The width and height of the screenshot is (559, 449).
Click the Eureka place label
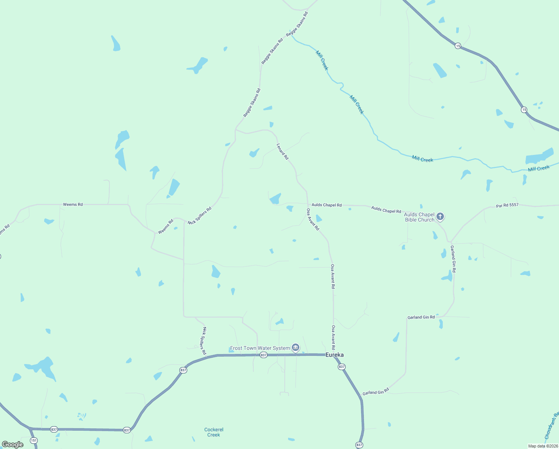[x=334, y=355]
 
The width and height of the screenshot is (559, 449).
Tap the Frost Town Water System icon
[x=296, y=348]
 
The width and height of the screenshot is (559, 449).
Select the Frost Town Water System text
[x=260, y=348]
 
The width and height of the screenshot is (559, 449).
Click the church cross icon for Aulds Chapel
[x=440, y=216]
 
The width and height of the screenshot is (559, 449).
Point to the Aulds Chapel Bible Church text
[x=419, y=217]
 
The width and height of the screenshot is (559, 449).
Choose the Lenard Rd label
[x=282, y=152]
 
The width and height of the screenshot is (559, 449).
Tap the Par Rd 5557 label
[x=507, y=205]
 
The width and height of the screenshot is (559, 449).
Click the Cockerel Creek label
[x=214, y=432]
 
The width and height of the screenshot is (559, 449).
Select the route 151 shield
[x=34, y=440]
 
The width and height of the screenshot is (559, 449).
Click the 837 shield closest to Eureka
[x=342, y=367]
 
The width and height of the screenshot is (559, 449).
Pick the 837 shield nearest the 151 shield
[x=54, y=429]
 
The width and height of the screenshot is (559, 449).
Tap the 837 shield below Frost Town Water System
[x=263, y=355]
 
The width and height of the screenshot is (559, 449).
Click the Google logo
[x=13, y=445]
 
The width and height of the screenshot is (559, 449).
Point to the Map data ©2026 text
[x=543, y=446]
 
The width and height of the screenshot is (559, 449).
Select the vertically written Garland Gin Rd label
[x=453, y=259]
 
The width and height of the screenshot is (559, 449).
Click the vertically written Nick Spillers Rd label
[x=204, y=341]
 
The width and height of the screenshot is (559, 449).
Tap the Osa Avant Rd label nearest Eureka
[x=333, y=337]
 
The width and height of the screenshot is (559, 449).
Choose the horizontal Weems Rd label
[x=73, y=205]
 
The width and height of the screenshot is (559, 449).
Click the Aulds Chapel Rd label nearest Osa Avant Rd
[x=327, y=205]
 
